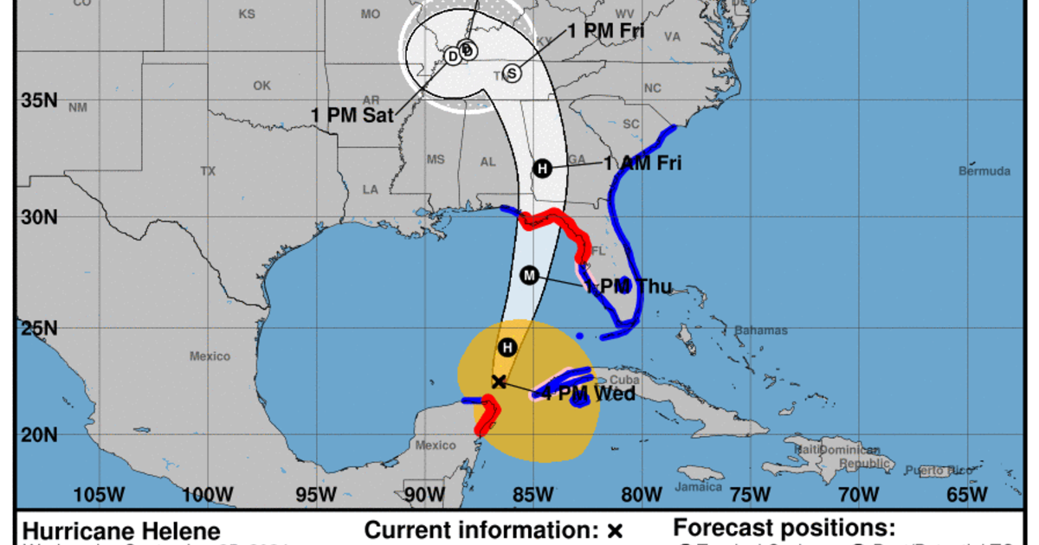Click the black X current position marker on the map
pyautogui.click(x=498, y=381)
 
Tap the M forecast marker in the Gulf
pyautogui.click(x=530, y=275)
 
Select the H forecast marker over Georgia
pyautogui.click(x=542, y=168)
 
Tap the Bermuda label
pyautogui.click(x=984, y=171)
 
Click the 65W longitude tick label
pyautogui.click(x=967, y=494)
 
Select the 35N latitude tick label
pyautogui.click(x=39, y=100)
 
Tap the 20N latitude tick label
pyautogui.click(x=39, y=435)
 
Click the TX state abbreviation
pyautogui.click(x=208, y=171)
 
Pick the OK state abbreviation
pyautogui.click(x=261, y=86)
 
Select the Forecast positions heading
pyautogui.click(x=784, y=528)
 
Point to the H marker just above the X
pyautogui.click(x=508, y=348)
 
